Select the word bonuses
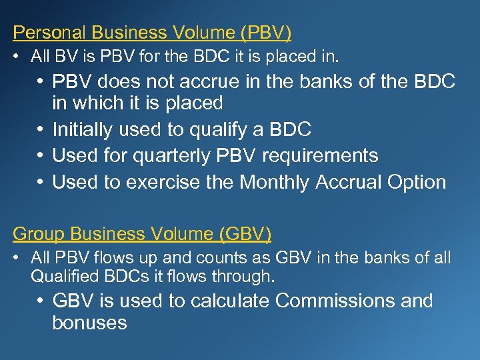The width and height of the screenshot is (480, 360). coord(89,323)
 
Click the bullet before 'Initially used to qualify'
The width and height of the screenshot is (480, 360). coord(41,129)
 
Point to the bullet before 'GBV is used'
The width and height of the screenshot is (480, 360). coord(41,301)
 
